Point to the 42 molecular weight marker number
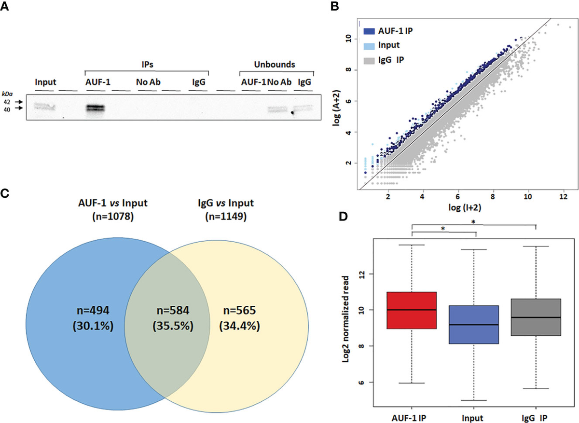pos(7,102)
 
